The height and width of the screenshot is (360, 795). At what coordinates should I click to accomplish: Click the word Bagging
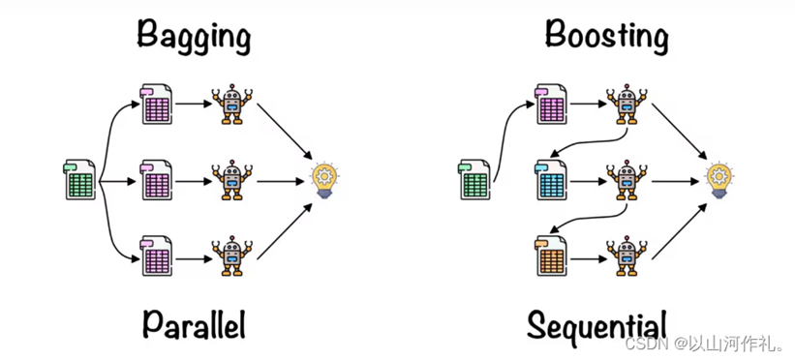pos(194,37)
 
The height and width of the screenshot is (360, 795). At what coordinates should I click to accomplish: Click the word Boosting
pos(607,36)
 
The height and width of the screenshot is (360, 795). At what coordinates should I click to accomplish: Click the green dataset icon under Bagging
pos(79,181)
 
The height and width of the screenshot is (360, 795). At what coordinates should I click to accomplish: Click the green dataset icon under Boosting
pos(475,181)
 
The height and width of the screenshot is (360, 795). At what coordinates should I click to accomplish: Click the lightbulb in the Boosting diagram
pos(719,180)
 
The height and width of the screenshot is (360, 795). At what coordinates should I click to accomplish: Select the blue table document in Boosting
pos(551,181)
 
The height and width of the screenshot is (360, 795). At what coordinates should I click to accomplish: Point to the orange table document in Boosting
pos(551,256)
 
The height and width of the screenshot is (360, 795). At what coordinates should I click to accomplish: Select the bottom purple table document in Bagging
pos(156,256)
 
